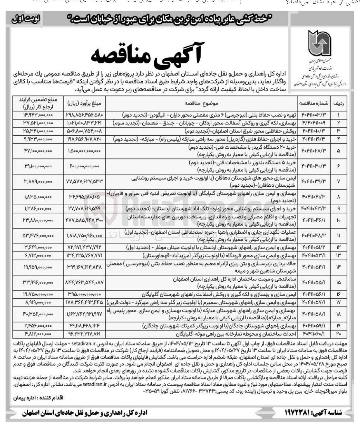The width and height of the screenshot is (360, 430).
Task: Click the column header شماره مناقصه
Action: (x=313, y=103)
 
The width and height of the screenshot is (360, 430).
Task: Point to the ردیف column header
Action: (x=339, y=103)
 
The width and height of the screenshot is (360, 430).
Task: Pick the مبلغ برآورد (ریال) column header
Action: (x=84, y=103)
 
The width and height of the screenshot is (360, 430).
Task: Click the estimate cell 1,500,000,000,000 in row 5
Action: (x=84, y=151)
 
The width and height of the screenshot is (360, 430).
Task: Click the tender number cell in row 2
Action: (x=313, y=123)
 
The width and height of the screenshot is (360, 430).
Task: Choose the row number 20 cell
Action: (x=339, y=334)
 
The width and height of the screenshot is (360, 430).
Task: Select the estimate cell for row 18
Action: (x=84, y=314)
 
